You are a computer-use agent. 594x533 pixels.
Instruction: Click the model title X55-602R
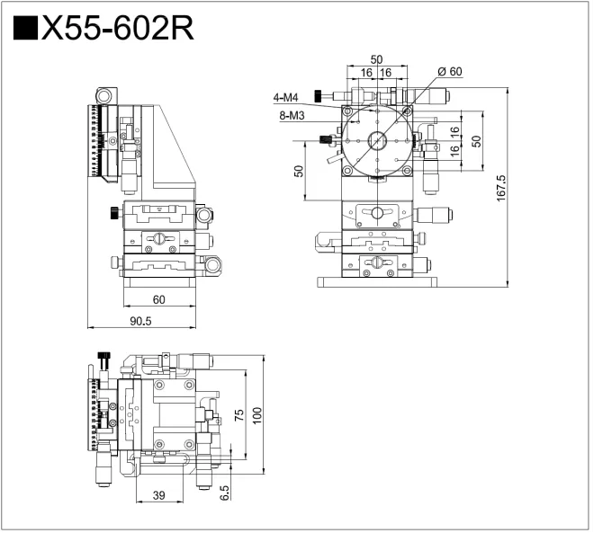point(116,28)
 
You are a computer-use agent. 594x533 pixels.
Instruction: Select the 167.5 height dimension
point(501,190)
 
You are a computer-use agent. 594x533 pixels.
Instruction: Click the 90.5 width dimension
point(140,321)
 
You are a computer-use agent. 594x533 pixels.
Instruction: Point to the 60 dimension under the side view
point(158,299)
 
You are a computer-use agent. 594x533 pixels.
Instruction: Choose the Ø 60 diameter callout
point(449,71)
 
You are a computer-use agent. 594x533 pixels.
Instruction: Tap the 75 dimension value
point(238,413)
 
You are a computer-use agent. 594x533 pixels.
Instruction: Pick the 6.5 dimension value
point(224,492)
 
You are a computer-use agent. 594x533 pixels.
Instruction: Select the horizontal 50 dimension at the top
point(376,59)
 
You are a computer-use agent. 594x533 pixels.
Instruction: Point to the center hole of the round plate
point(377,141)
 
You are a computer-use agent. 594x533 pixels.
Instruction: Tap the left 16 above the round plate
point(366,73)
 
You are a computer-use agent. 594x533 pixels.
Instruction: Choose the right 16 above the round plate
point(386,73)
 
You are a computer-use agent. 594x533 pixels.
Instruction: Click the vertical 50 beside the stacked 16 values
point(477,140)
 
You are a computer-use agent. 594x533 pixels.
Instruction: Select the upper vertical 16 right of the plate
point(454,130)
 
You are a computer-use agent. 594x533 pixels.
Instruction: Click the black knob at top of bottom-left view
point(104,360)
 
